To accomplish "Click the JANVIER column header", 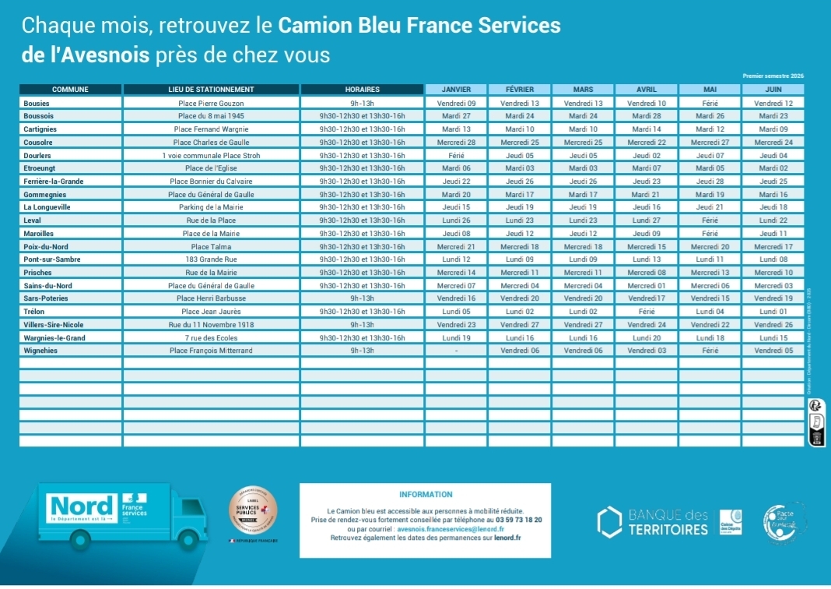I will [x=456, y=89].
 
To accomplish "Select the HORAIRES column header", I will [x=362, y=89].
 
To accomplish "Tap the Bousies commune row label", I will [x=37, y=103].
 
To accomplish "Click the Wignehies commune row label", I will [x=40, y=351].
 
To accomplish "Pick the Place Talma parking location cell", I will [x=211, y=246].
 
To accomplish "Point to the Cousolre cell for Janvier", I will [x=456, y=143].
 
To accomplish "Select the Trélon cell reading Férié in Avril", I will [x=647, y=312].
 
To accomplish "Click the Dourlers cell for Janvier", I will [x=456, y=155].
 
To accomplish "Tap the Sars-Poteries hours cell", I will [x=362, y=298].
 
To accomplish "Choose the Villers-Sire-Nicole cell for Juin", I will [x=773, y=325].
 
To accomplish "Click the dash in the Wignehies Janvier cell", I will [x=456, y=351].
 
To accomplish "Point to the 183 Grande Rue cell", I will [x=211, y=259].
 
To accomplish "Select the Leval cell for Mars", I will [x=583, y=220].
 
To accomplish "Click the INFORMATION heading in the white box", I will [x=425, y=494].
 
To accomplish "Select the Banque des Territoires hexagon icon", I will [x=609, y=522].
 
